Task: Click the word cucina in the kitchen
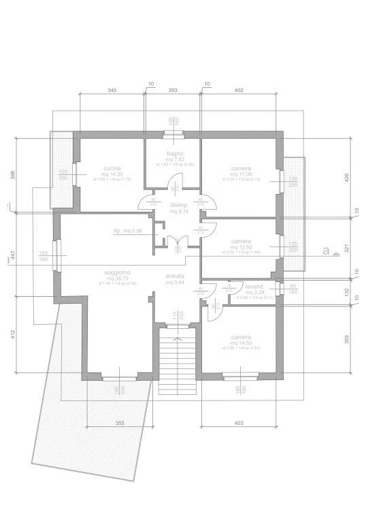[x=112, y=168]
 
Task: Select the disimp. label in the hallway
[x=179, y=205]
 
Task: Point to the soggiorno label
[x=117, y=272]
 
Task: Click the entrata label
[x=175, y=276]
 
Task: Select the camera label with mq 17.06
[x=241, y=168]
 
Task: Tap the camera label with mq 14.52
[x=241, y=337]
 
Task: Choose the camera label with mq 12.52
[x=241, y=241]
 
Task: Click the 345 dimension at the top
[x=114, y=90]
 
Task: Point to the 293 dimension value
[x=173, y=90]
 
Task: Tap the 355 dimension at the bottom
[x=119, y=424]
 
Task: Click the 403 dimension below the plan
[x=239, y=424]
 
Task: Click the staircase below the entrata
[x=178, y=354]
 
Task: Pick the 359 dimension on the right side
[x=346, y=338]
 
